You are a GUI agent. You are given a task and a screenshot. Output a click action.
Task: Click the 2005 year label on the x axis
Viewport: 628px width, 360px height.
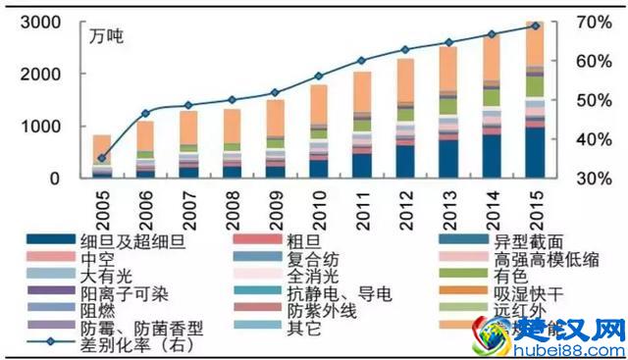(x=102, y=203)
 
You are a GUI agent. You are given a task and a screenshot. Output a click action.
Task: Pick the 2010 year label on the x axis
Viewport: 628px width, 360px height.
(x=319, y=203)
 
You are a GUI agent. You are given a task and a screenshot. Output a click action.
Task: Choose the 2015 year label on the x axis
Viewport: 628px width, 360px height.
(x=536, y=203)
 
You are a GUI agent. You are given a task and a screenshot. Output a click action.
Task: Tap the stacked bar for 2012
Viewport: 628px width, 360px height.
(x=405, y=119)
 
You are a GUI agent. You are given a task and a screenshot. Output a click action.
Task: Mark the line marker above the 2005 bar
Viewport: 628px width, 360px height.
(x=102, y=158)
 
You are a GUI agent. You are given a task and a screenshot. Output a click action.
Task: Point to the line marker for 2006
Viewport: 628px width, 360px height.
(x=145, y=114)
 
